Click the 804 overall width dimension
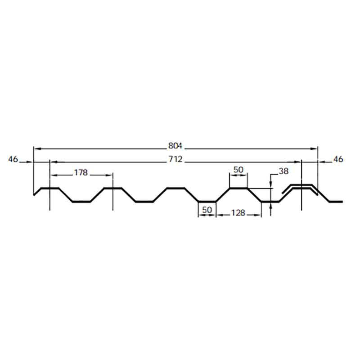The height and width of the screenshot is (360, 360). click(175, 146)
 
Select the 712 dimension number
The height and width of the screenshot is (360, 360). click(175, 159)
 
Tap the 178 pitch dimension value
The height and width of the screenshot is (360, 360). click(81, 172)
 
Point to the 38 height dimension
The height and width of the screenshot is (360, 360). click(283, 171)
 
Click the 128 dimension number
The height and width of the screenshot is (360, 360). click(238, 213)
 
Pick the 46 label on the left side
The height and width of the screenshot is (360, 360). click(13, 159)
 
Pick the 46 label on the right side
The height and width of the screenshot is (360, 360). click(338, 159)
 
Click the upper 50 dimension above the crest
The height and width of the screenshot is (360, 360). click(238, 170)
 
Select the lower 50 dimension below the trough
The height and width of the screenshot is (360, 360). click(207, 210)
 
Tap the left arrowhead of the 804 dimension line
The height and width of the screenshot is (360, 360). click(37, 149)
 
